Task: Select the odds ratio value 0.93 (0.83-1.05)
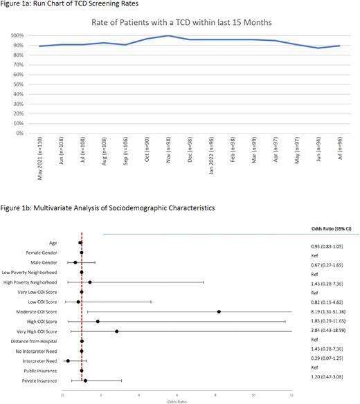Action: pyautogui.click(x=330, y=246)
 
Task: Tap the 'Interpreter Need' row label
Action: pyautogui.click(x=45, y=360)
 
